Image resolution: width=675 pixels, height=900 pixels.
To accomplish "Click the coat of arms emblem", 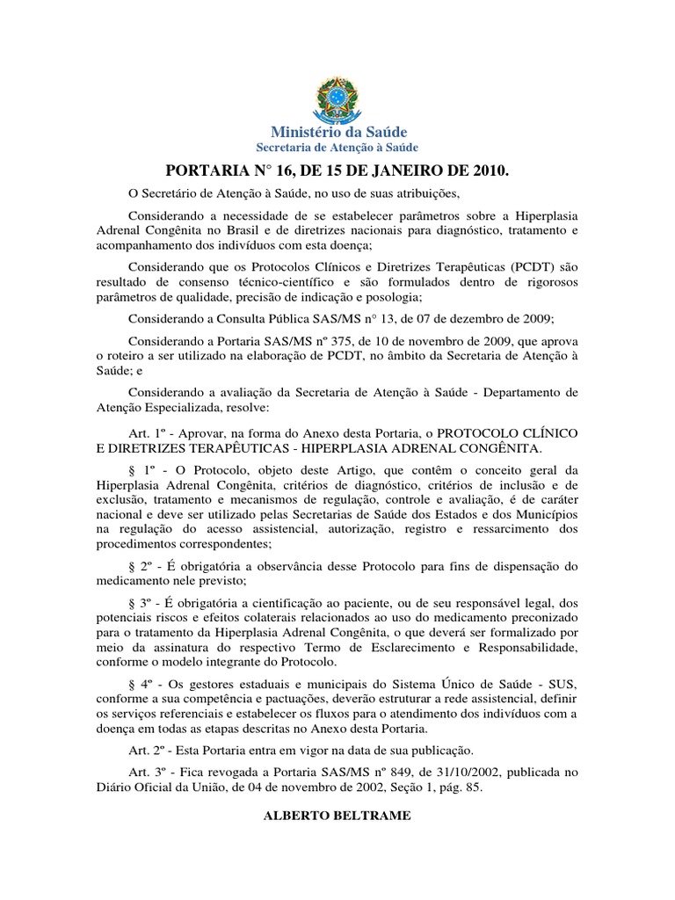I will (x=337, y=98).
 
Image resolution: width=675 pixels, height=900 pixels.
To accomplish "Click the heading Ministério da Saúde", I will (x=337, y=132).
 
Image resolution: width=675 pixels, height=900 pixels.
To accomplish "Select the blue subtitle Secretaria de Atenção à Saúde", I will (x=337, y=147).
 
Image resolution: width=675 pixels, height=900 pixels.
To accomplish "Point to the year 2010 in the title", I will (x=490, y=170).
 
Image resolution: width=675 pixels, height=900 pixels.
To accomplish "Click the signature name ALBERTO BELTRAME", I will (x=337, y=816).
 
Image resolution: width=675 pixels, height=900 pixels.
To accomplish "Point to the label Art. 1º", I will (x=146, y=433).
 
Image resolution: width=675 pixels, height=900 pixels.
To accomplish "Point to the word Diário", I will (x=115, y=787).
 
